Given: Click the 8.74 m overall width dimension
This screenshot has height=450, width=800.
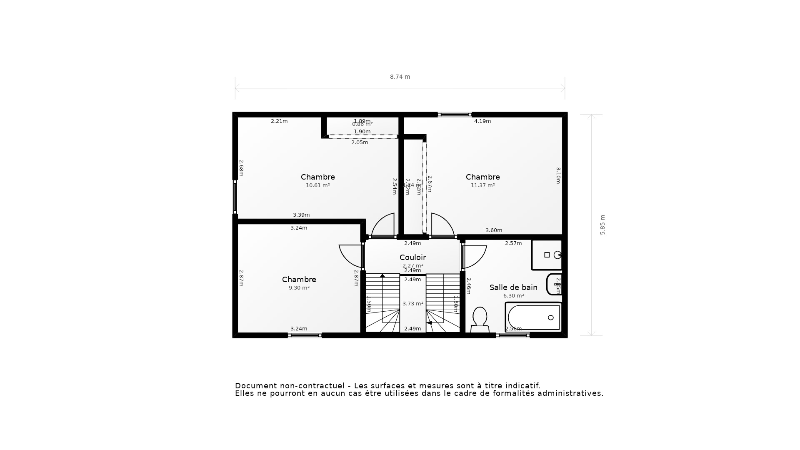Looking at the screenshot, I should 400,77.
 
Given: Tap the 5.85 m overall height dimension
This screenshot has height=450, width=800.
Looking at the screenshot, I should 602,225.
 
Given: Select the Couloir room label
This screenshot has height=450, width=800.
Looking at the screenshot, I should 412,257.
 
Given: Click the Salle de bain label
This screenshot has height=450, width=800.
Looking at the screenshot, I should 513,287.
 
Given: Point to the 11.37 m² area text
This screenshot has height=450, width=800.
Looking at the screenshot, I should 482,185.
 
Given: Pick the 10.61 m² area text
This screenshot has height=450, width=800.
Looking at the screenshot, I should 318,185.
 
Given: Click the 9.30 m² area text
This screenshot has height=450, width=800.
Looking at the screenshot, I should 299,288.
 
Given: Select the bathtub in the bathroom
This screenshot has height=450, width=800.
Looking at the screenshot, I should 534,317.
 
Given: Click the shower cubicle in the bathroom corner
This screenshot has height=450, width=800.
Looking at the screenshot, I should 547,255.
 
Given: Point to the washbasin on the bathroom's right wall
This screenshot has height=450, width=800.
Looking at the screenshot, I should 555,284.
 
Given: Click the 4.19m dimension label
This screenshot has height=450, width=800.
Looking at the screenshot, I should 482,121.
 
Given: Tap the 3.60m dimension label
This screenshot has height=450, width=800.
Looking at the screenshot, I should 494,230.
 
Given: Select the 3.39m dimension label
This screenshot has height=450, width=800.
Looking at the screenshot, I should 301,215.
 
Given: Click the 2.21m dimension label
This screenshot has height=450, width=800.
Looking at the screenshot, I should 279,121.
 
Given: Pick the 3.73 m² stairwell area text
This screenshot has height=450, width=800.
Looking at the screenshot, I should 412,304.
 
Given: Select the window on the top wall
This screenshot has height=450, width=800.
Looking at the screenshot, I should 455,115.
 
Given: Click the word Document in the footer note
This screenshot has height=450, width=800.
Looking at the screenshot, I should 256,386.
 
